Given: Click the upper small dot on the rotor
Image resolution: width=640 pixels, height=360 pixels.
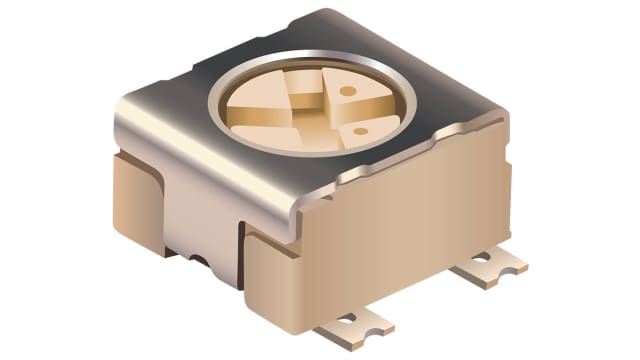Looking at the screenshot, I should [x=346, y=90].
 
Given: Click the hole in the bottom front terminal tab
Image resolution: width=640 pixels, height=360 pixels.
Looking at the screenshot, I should [x=348, y=320].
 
